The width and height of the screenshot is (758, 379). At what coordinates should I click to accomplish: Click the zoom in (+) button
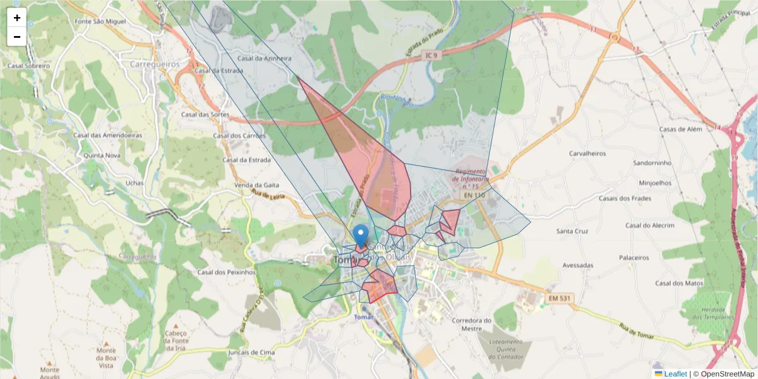17,18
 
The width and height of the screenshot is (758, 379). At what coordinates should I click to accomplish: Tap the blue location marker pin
361,236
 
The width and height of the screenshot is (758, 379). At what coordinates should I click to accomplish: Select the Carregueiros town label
155,64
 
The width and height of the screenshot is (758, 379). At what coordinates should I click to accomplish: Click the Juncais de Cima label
251,352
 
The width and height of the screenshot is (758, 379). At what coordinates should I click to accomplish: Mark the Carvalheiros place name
587,153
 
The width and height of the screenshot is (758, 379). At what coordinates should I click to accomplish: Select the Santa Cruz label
572,231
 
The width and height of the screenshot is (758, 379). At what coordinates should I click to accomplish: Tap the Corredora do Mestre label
472,324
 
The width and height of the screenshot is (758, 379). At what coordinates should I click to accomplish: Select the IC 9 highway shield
431,56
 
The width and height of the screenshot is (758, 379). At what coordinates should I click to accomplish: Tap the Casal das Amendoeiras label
107,135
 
